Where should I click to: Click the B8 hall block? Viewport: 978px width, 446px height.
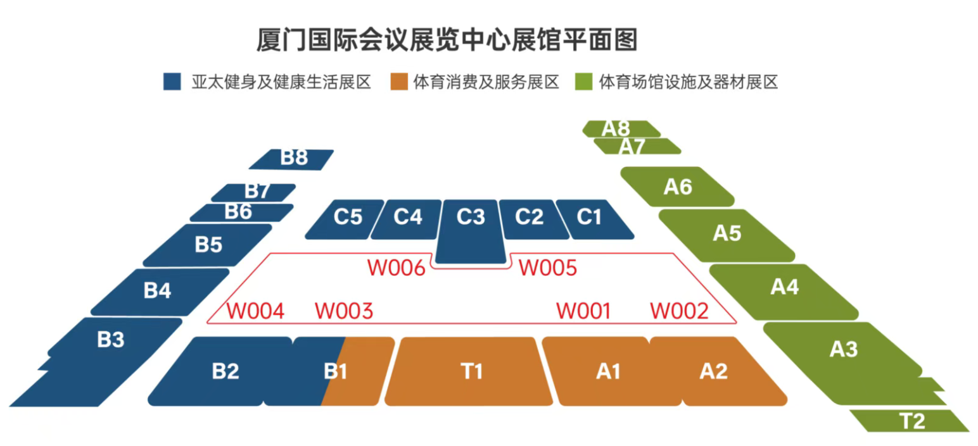point(293,159)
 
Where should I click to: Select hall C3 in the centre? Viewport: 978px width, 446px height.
point(471,228)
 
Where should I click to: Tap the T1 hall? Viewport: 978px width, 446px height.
point(469,371)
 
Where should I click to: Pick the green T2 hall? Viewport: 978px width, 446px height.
point(910,421)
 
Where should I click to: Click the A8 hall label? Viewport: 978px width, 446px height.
point(617,128)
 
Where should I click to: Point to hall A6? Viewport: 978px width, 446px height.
point(678,187)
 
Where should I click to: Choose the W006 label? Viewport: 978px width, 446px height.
point(397,268)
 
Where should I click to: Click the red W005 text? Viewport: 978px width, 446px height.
point(548,268)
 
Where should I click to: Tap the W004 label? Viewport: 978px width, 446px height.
point(255,311)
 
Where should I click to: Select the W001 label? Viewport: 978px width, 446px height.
point(583,311)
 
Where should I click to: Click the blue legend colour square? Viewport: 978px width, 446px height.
point(172,82)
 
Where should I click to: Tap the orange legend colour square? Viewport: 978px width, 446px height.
point(398,82)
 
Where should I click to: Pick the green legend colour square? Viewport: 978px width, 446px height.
point(583,82)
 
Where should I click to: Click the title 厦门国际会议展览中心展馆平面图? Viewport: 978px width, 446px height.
point(447,40)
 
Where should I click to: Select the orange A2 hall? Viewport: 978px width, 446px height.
point(713,371)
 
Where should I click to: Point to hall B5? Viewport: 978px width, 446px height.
point(208,244)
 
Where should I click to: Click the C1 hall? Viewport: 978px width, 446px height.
point(589,218)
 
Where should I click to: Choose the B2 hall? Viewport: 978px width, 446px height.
point(225,371)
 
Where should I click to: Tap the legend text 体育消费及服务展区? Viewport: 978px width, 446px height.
point(486,82)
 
